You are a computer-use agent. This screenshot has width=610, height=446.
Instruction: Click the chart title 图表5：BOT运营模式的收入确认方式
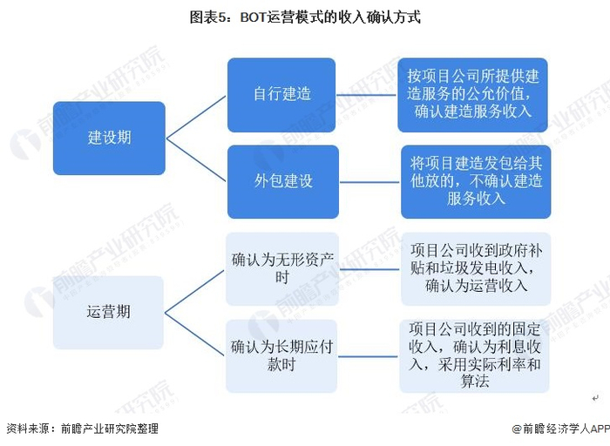(x=305, y=17)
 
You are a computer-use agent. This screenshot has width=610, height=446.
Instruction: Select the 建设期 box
(x=109, y=138)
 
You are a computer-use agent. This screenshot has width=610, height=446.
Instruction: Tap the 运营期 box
(x=109, y=312)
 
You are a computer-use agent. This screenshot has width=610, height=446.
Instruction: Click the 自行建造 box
(x=281, y=94)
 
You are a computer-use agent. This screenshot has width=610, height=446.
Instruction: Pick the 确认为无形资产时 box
(x=281, y=268)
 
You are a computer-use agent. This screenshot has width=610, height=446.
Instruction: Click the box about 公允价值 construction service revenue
(x=472, y=94)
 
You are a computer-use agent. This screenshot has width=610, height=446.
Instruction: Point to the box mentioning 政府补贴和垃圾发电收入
(x=474, y=268)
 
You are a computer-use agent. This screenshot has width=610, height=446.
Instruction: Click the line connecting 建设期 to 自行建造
(x=196, y=116)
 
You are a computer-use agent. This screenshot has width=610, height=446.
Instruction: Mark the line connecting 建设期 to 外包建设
(x=196, y=159)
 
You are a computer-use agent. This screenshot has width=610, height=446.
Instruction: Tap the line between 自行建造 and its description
(x=366, y=94)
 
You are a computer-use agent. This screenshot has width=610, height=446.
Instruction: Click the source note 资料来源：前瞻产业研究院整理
(x=82, y=429)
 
